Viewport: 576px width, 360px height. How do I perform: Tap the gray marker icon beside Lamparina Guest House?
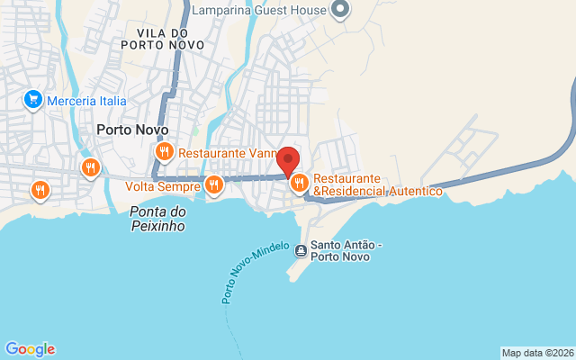[340, 10]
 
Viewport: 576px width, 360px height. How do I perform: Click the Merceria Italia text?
[87, 101]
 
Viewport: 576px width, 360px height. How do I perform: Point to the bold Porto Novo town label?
[131, 130]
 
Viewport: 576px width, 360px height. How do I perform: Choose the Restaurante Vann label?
[225, 153]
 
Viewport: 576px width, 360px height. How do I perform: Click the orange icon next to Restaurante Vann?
[164, 152]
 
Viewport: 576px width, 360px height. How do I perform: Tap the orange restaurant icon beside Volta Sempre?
[213, 186]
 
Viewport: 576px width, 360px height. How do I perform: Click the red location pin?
[288, 160]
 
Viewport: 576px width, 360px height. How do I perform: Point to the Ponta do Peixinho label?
[157, 219]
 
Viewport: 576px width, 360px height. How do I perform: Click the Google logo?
[30, 349]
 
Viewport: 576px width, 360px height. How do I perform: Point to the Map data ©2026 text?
[537, 353]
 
